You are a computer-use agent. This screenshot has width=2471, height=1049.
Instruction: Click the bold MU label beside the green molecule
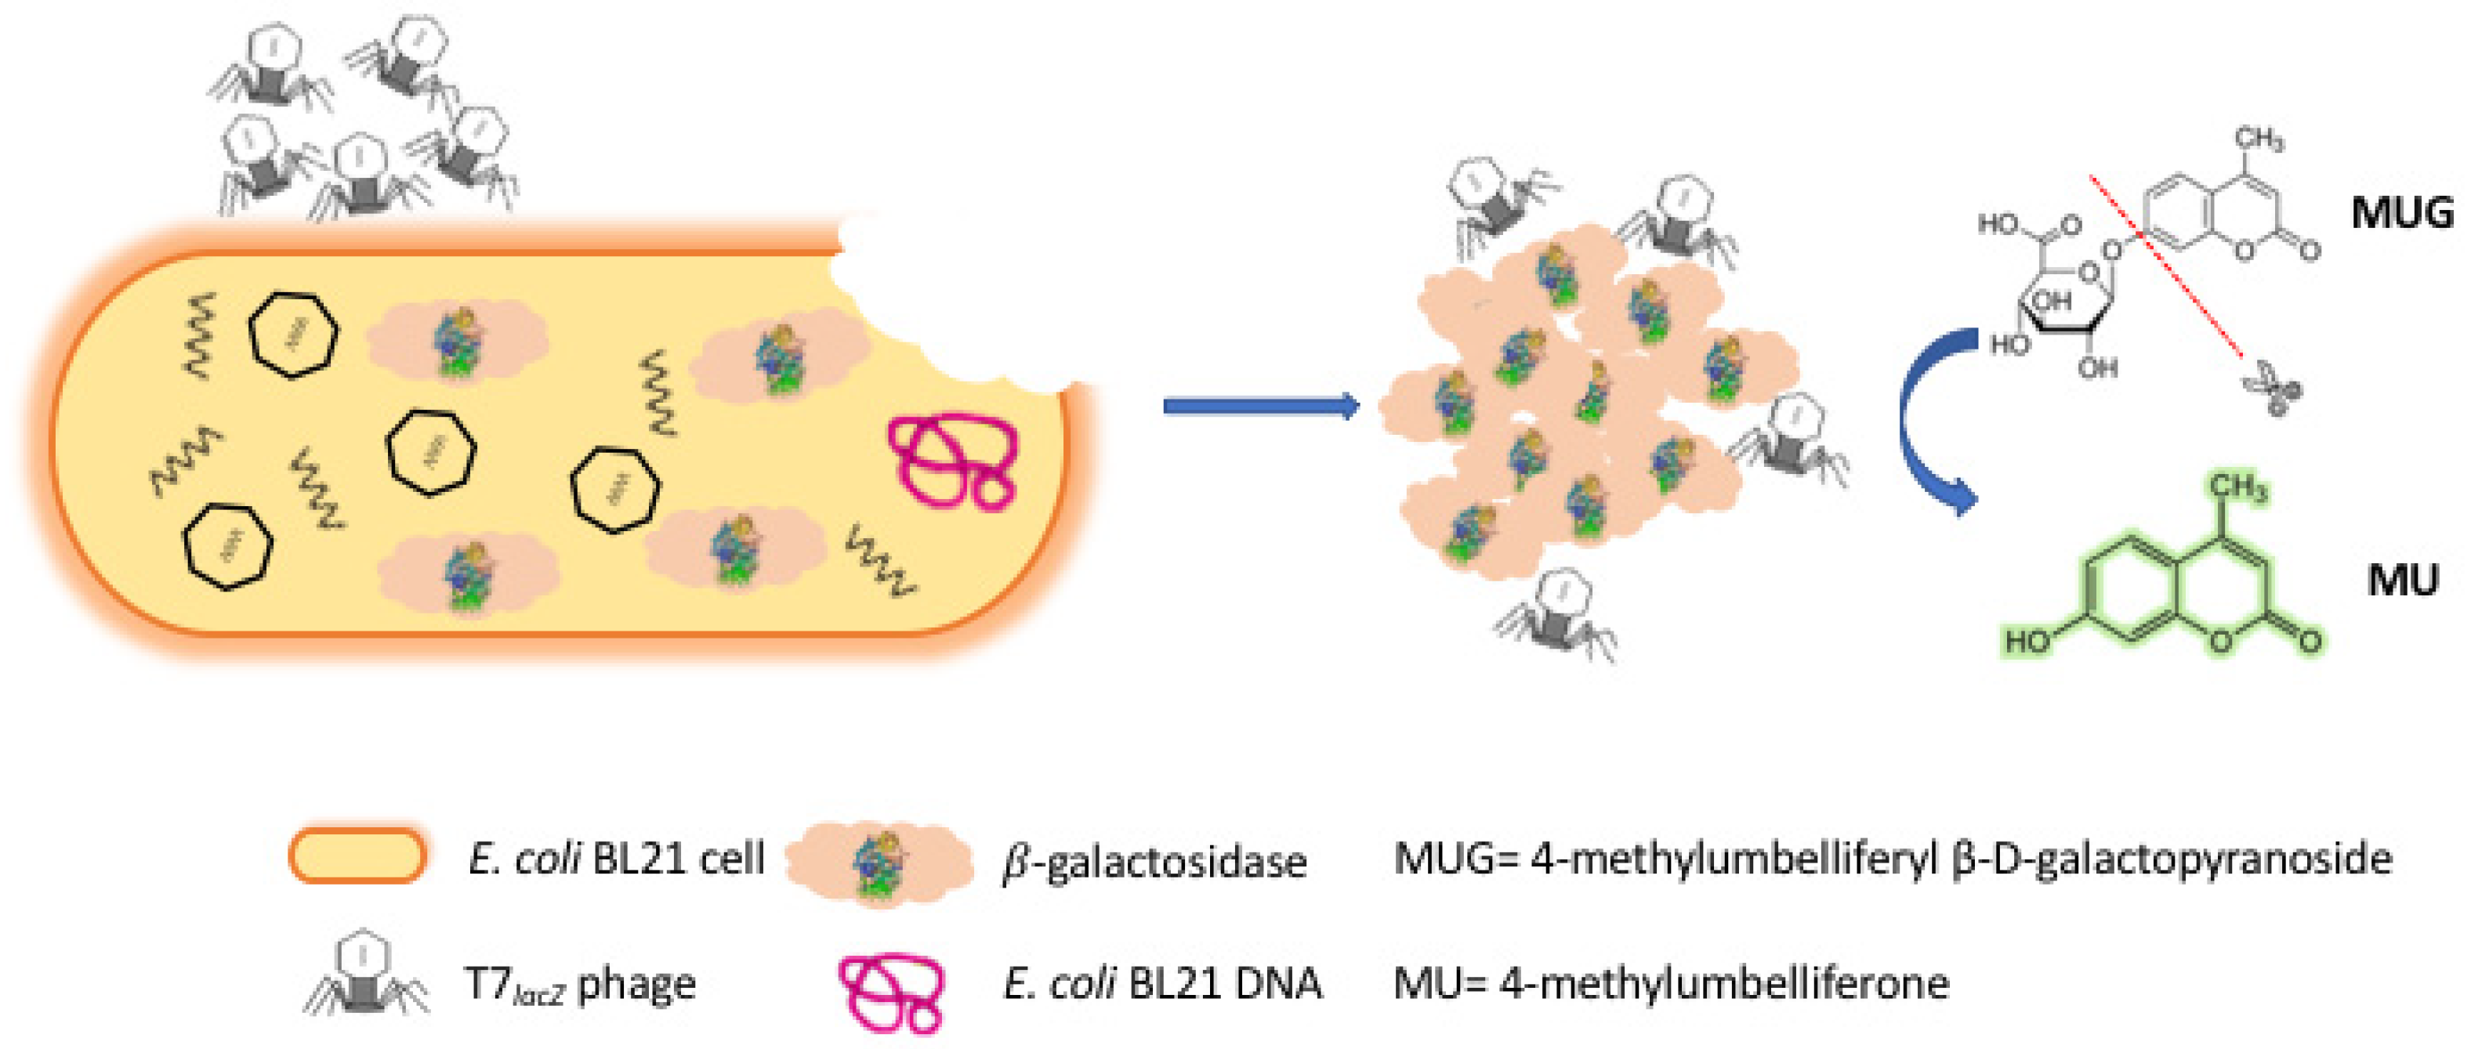coord(2402,580)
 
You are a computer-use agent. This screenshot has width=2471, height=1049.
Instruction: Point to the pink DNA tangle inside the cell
coord(952,459)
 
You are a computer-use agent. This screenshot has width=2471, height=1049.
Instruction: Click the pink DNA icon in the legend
coord(891,993)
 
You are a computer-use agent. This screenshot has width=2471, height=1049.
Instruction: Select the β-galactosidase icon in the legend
coord(879,862)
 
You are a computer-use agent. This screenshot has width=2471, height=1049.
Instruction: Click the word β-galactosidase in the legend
coord(1154,862)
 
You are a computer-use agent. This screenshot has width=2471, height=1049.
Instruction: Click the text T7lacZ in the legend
coord(513,985)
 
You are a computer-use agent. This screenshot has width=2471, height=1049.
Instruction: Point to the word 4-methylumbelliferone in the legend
coord(1724,984)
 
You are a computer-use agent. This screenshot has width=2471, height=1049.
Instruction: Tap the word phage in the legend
coord(637,985)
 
